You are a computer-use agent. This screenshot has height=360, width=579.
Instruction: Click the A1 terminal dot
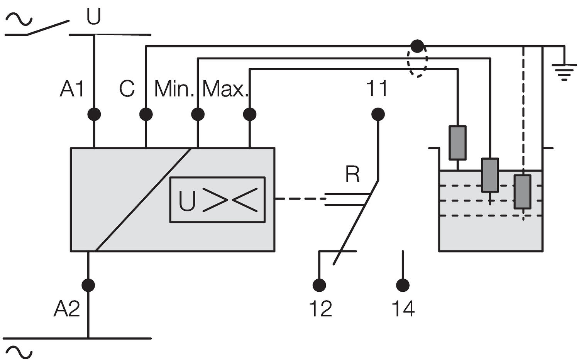[94, 114]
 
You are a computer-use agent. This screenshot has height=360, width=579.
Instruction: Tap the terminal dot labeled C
[146, 114]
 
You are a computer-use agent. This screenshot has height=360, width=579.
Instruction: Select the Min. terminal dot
[198, 114]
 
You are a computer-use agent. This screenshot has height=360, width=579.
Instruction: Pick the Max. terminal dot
[250, 114]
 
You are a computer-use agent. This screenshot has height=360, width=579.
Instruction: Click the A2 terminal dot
[88, 285]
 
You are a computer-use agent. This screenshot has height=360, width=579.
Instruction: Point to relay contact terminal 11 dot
[378, 114]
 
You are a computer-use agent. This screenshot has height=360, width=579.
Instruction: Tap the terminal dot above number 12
[319, 285]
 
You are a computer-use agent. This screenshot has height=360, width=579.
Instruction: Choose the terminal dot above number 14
[403, 285]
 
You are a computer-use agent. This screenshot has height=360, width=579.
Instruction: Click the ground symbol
[564, 72]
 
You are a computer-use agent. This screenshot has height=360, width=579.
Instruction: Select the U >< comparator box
[217, 200]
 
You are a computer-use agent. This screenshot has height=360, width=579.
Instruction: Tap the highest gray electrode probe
[457, 142]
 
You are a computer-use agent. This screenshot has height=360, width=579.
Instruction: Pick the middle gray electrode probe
[490, 175]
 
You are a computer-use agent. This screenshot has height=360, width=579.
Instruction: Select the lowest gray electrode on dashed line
[522, 192]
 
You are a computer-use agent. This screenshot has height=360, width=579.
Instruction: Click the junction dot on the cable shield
[417, 46]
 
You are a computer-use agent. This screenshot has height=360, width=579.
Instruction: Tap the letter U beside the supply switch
[93, 16]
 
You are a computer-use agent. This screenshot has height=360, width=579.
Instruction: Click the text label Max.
[224, 89]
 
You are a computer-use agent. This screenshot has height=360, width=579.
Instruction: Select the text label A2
[66, 309]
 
